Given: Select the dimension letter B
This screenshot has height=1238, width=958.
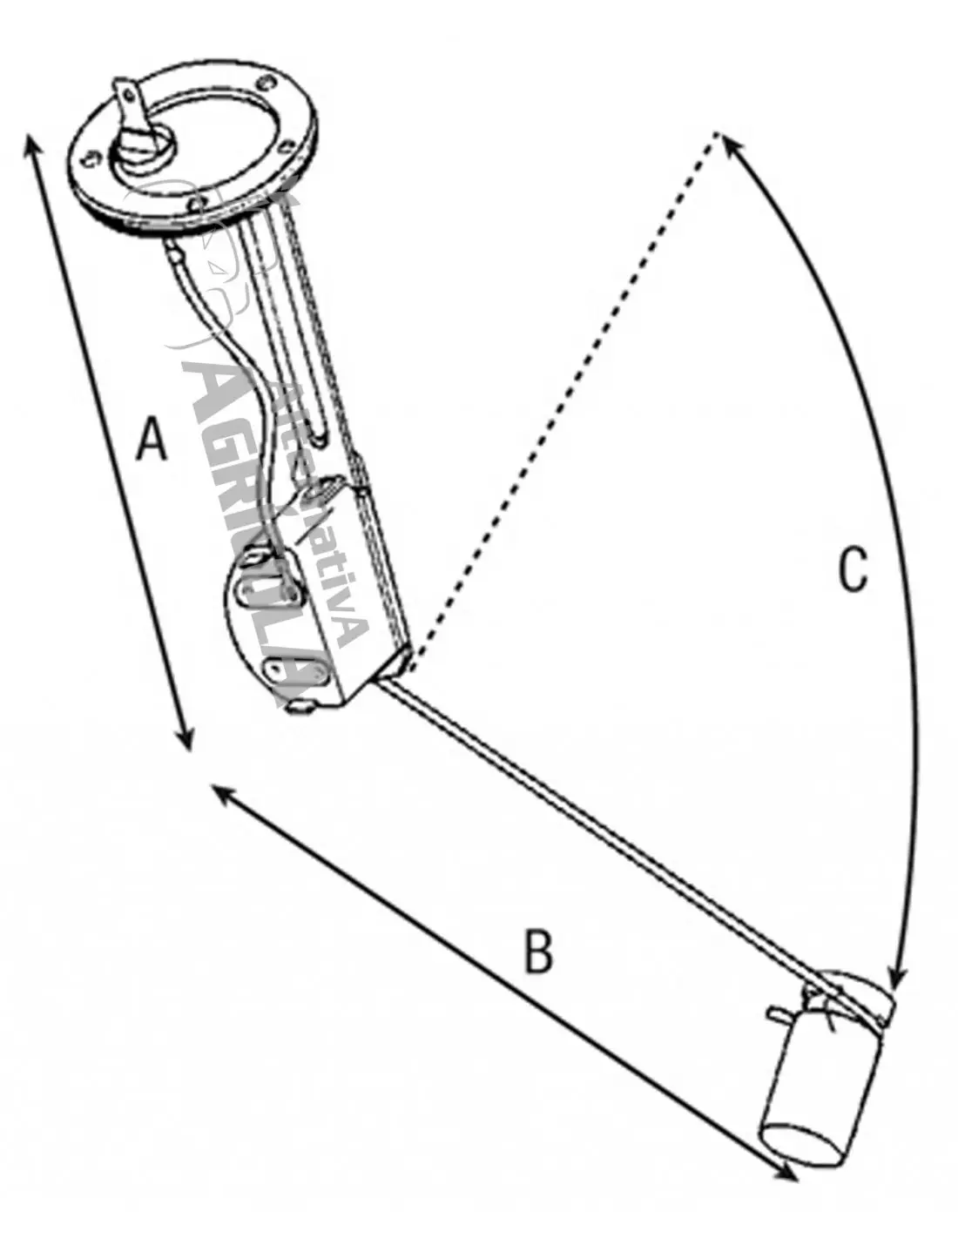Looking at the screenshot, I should tap(538, 952).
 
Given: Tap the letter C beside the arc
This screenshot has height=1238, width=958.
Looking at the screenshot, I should tap(853, 570).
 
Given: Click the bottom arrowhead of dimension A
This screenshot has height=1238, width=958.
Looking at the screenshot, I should tap(186, 741).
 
